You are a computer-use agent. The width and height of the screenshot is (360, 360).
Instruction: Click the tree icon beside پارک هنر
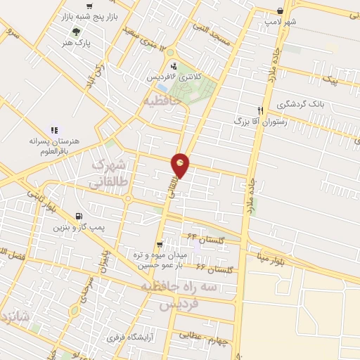coord(75,31)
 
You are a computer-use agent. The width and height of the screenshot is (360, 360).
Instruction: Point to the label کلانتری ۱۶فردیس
coord(173,75)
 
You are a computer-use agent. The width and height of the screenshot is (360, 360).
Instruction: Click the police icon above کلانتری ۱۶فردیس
coord(174,65)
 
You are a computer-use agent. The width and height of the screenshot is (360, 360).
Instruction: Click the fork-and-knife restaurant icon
coord(261,110)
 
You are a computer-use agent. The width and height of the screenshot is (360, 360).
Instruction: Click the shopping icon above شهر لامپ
coord(281,11)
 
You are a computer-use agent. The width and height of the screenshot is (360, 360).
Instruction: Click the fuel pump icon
coord(77,216)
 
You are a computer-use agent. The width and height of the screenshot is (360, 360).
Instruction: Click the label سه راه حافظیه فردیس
coord(169,297)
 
